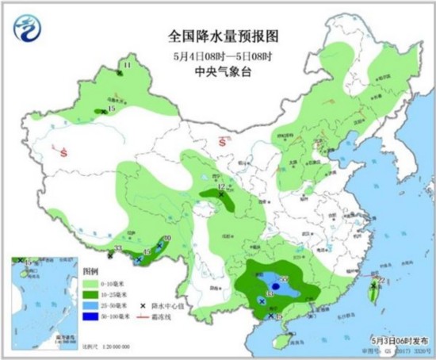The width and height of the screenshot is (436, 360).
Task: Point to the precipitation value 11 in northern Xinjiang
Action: (x=126, y=65)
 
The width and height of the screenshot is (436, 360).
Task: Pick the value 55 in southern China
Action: (x=284, y=278)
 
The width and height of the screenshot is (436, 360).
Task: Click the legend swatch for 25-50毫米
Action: (x=91, y=305)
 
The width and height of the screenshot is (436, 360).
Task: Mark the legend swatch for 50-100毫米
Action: (x=91, y=317)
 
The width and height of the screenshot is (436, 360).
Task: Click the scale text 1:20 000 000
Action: (x=111, y=347)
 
